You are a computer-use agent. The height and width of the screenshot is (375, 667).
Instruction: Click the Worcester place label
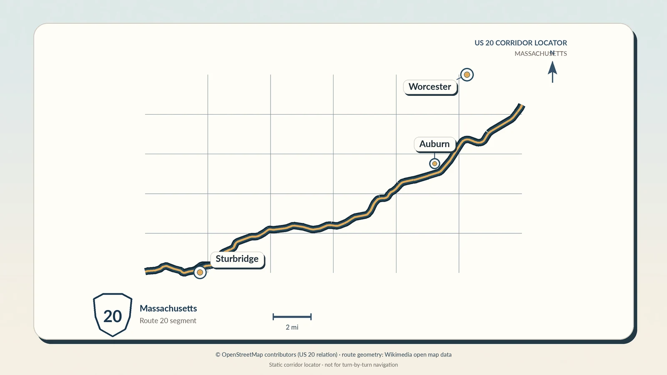point(430,87)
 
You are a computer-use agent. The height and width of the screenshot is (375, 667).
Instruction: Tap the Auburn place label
point(434,144)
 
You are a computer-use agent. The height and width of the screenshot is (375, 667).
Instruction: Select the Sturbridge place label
point(237,259)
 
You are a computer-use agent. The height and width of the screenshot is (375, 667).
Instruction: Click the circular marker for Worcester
point(467,75)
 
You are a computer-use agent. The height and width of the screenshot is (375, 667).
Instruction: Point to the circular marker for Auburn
point(434,163)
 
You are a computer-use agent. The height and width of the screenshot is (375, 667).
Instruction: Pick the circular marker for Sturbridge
point(200,272)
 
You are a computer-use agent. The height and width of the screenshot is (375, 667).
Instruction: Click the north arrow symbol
point(552,72)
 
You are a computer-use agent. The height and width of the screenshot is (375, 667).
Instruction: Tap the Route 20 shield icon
point(113,315)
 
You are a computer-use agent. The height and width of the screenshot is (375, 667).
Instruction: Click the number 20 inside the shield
point(113,316)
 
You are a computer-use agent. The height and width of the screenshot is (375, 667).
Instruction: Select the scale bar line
point(292,317)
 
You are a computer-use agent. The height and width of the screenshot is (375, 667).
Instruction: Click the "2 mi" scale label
point(292,327)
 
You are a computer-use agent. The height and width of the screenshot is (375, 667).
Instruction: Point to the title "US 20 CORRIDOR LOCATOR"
point(521,43)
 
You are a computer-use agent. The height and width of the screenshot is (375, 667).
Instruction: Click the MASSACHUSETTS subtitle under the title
point(541,54)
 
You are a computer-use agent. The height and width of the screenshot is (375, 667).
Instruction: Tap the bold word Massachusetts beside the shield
point(168,308)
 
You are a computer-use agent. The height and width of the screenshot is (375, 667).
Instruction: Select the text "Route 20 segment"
point(168,320)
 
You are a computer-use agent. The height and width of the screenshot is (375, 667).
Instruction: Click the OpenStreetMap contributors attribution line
point(333,355)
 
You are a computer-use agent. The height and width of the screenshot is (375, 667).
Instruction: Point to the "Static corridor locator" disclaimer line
point(333,365)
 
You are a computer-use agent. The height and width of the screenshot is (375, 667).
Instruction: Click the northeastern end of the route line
point(522,106)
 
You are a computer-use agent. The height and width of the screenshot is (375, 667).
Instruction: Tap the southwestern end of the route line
point(145,271)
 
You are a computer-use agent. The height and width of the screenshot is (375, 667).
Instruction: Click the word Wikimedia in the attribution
point(399,355)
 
